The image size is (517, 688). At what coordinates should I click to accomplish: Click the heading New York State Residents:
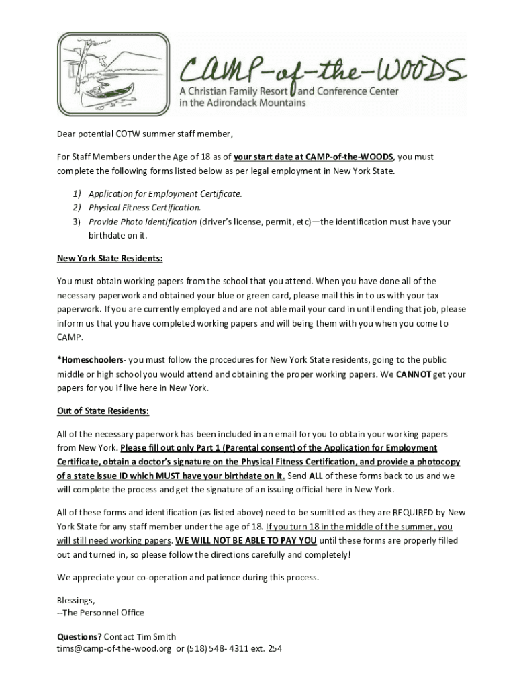(110, 258)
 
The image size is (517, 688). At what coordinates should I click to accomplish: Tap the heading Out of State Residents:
(103, 411)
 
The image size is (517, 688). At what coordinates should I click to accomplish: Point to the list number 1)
(77, 193)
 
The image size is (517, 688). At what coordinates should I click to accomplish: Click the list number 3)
(77, 222)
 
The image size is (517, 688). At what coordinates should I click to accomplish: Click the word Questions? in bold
(79, 636)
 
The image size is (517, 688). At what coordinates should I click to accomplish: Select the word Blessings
(75, 600)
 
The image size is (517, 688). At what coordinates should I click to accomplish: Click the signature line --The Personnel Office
(101, 613)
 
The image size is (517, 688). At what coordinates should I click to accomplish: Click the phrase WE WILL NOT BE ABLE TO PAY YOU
(246, 540)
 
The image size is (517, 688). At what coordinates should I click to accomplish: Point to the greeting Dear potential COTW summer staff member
(144, 134)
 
